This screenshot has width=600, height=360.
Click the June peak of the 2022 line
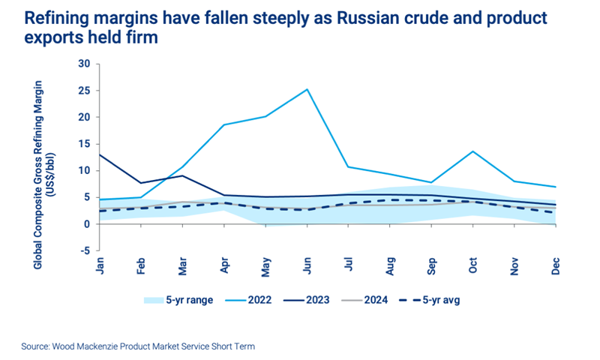click(307, 89)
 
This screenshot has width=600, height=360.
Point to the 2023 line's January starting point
click(99, 154)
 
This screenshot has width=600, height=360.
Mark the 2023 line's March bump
click(184, 175)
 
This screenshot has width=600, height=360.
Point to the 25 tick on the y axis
click(84, 91)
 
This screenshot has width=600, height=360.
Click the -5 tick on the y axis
click(84, 250)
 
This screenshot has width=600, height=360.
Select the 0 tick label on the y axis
click(87, 224)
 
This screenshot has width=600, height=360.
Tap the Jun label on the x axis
click(307, 266)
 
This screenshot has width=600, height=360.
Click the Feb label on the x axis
click(142, 266)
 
